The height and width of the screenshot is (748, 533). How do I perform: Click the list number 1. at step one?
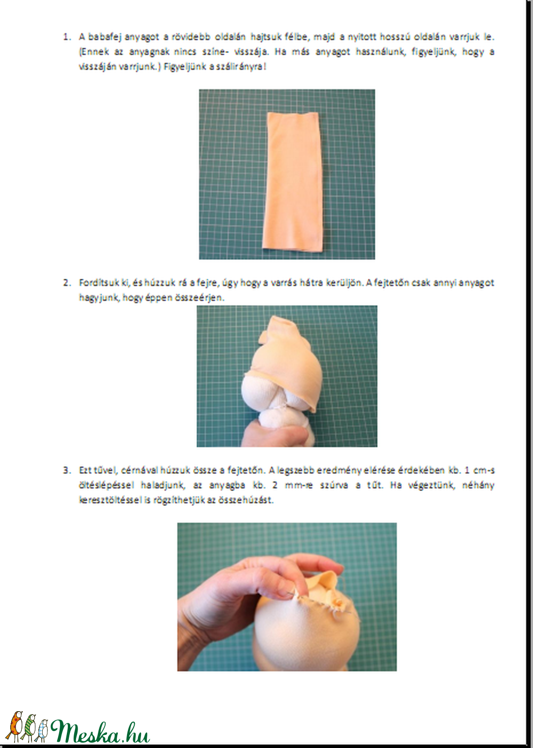coord(67,37)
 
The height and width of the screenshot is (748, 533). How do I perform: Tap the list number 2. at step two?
coord(67,283)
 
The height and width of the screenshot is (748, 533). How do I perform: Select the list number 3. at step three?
coord(67,470)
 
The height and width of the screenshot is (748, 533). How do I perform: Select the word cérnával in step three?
coord(139,470)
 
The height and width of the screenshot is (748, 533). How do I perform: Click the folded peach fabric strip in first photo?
coord(292,182)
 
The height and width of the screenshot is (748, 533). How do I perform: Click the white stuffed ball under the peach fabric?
coord(264,390)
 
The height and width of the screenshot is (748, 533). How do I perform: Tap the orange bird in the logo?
coord(16,726)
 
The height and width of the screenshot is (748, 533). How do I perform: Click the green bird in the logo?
coord(30,728)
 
